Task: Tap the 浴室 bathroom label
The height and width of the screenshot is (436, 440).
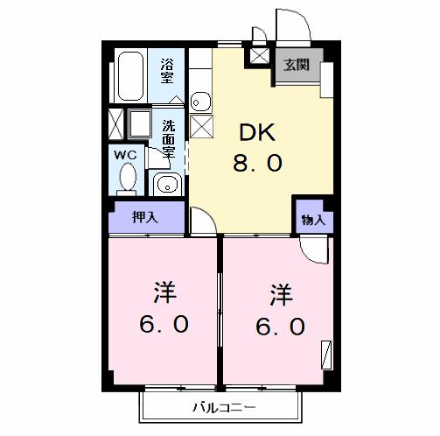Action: [167, 70]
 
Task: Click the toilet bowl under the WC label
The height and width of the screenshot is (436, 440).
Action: [127, 178]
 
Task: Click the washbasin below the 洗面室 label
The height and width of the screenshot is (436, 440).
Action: [166, 184]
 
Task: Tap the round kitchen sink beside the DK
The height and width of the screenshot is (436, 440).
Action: [199, 101]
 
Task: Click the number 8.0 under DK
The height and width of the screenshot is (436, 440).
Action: [256, 164]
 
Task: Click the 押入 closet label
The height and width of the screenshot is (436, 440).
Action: [144, 217]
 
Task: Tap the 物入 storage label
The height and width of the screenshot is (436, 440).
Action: [312, 221]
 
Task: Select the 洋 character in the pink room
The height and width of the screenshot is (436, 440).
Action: [162, 291]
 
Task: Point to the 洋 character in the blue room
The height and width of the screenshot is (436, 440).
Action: [279, 293]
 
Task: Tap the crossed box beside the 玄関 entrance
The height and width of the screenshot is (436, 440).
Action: [260, 56]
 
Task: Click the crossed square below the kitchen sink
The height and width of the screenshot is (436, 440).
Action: [200, 128]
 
